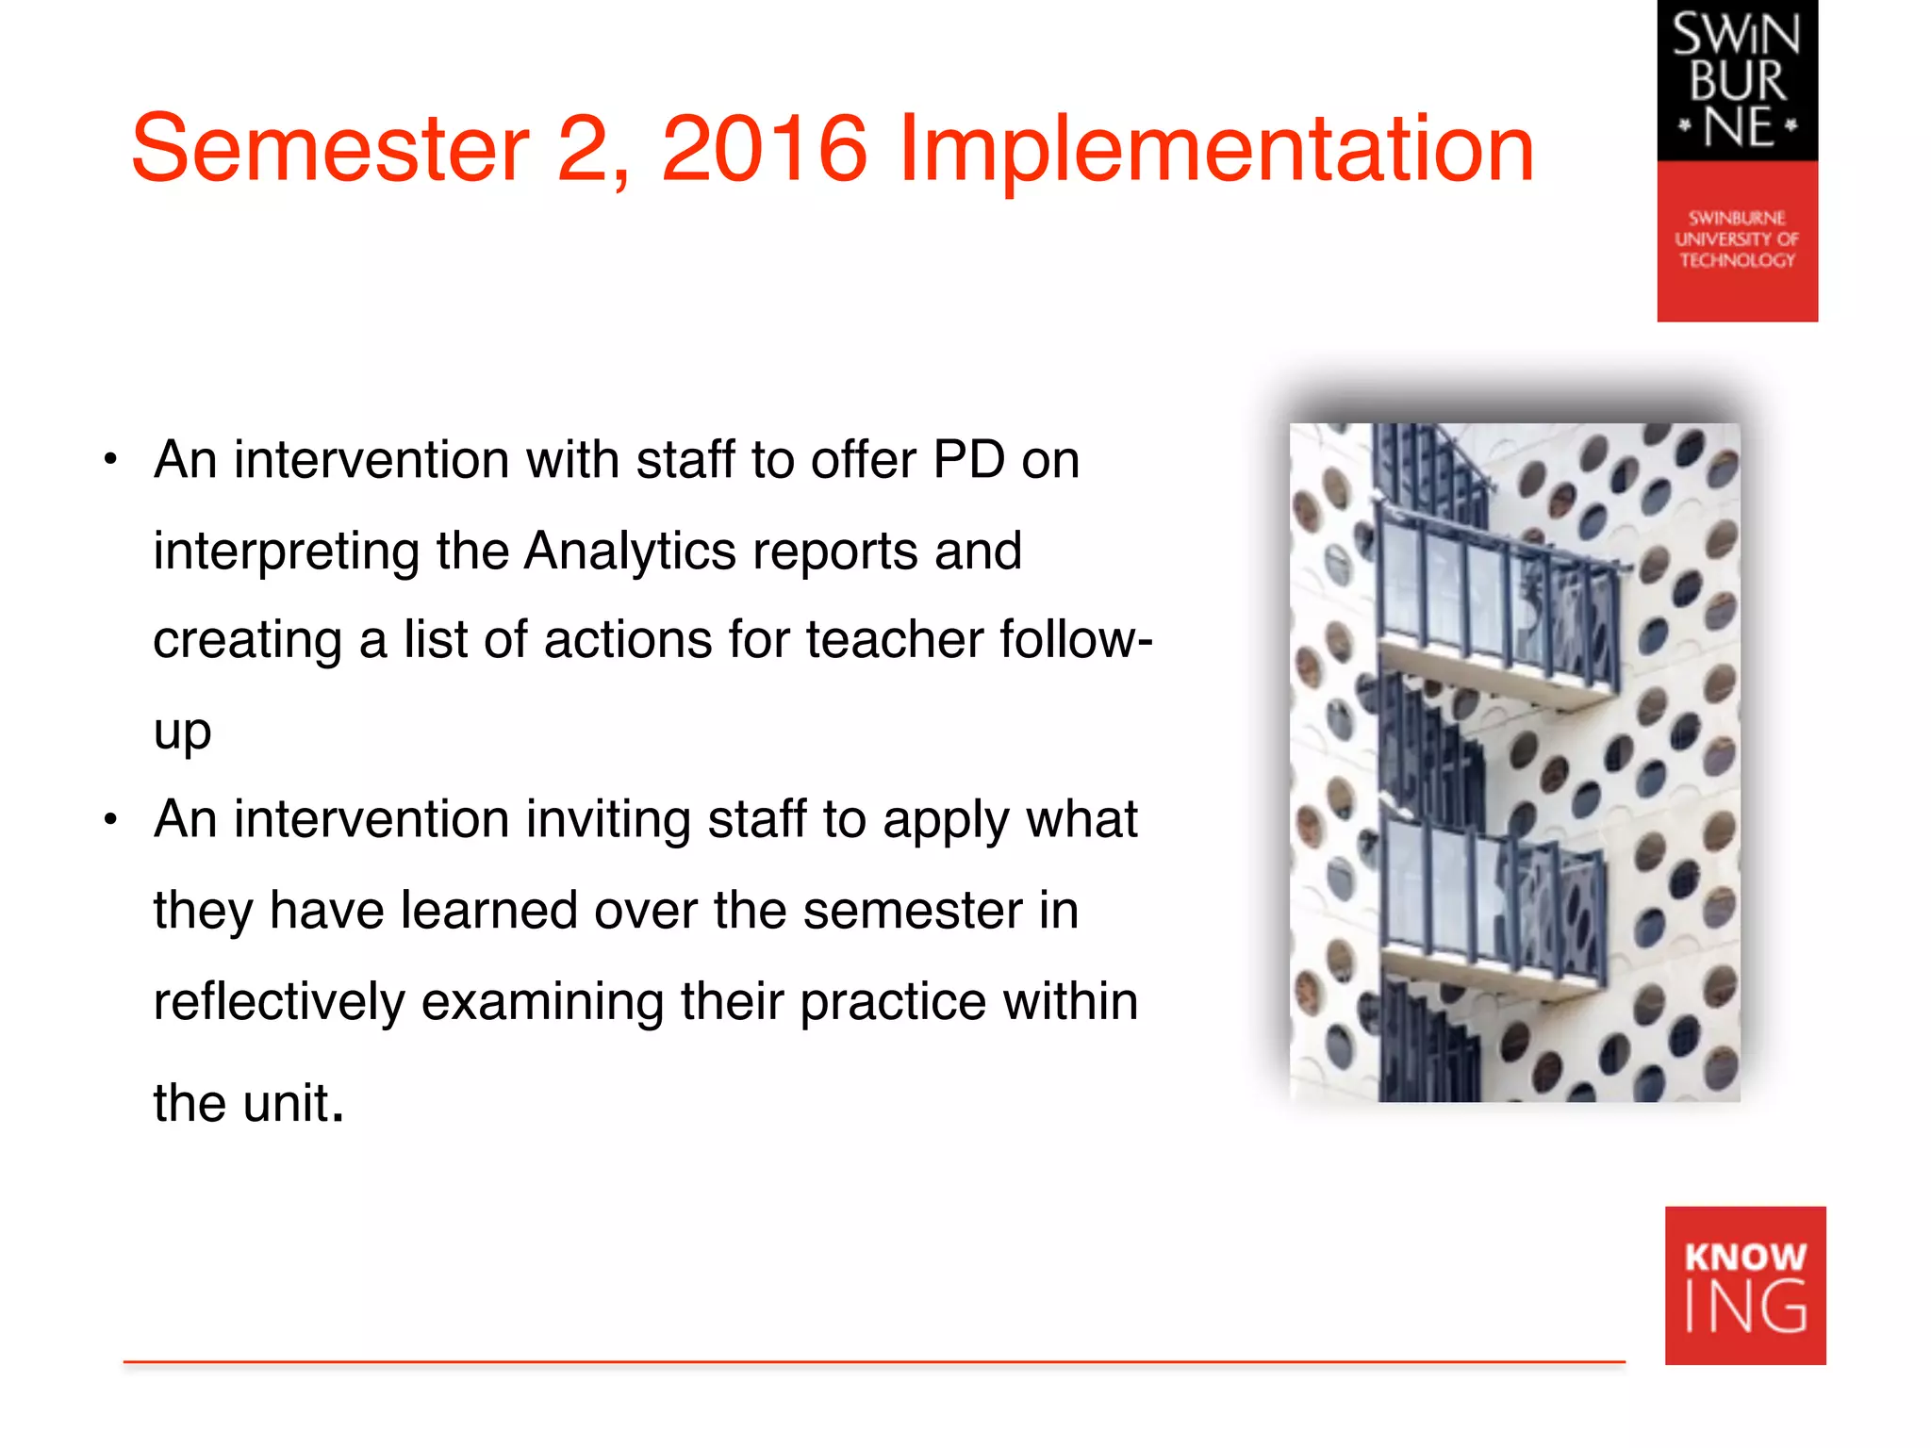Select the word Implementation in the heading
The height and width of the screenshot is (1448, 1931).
(x=1216, y=151)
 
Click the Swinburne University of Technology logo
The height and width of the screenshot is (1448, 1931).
(x=1737, y=160)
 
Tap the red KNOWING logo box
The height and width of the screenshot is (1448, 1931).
(x=1745, y=1285)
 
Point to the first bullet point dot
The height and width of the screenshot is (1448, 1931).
(x=111, y=461)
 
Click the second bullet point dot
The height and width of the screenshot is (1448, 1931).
(x=111, y=820)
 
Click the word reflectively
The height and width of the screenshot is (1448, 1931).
(x=279, y=1001)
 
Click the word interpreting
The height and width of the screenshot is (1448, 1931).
(x=286, y=552)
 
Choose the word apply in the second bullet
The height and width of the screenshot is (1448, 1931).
(x=946, y=820)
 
